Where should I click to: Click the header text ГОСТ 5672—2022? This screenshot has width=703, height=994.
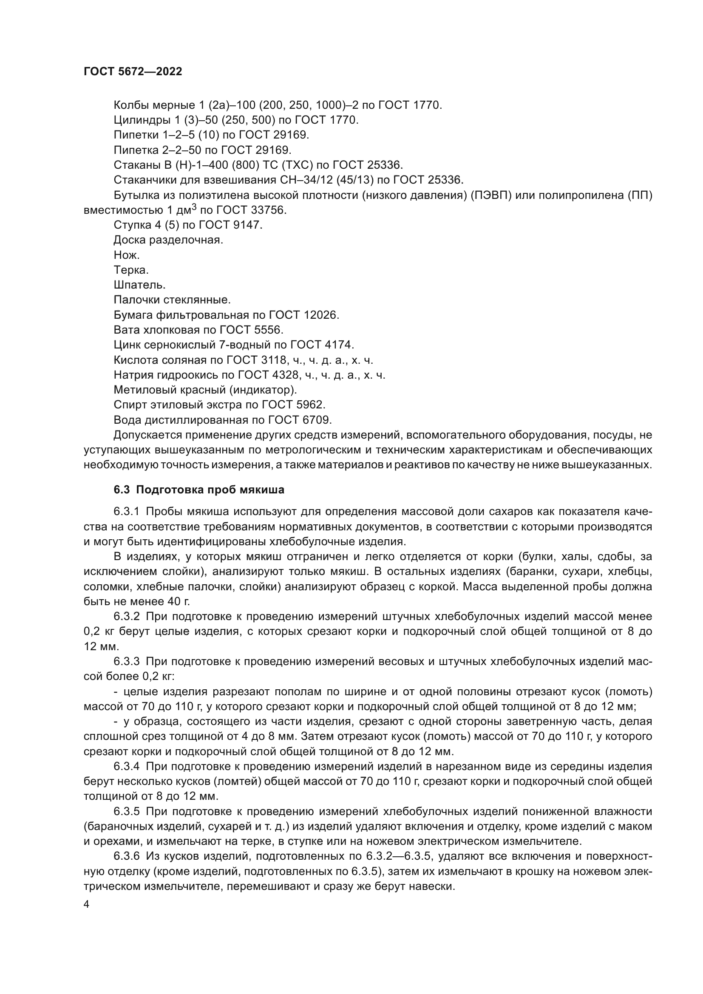[133, 72]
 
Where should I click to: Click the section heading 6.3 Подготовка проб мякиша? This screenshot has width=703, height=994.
[199, 490]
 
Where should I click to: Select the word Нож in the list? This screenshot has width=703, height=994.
[125, 255]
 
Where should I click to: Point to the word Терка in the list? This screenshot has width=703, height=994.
[130, 270]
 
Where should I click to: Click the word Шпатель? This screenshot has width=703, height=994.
[138, 285]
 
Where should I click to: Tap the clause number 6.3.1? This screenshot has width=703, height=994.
[126, 512]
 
